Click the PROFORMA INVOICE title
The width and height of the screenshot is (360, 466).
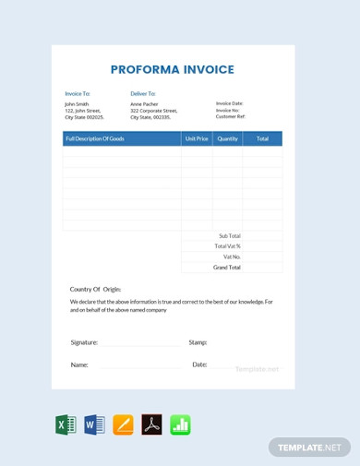click(x=173, y=69)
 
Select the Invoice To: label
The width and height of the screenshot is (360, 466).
click(x=78, y=93)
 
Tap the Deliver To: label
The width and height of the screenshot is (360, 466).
click(x=143, y=93)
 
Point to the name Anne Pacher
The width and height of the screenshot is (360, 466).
click(x=145, y=104)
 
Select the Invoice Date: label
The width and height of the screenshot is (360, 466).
click(x=230, y=103)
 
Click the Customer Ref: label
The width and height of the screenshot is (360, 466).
click(x=231, y=116)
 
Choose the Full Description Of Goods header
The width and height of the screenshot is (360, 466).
click(x=95, y=138)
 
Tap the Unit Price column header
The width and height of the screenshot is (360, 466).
click(x=197, y=138)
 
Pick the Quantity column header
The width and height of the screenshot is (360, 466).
click(x=227, y=138)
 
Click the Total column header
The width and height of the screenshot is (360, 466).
click(x=262, y=138)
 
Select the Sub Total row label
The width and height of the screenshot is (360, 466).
click(x=229, y=235)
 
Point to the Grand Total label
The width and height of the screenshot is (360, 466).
click(x=227, y=267)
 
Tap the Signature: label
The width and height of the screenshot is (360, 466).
click(x=84, y=342)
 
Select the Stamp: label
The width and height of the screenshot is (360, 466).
click(x=198, y=342)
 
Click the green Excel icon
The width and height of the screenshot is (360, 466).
click(x=66, y=424)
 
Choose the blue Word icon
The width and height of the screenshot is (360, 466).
click(x=94, y=424)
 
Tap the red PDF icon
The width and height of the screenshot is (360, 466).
click(x=151, y=424)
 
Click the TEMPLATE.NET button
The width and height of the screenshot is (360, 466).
click(x=310, y=448)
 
